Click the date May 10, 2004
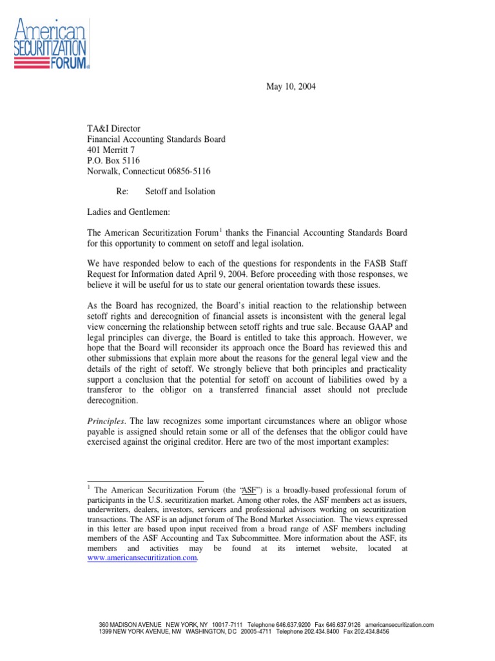click(292, 87)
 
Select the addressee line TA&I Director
click(114, 128)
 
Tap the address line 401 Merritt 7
click(111, 150)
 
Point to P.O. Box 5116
click(113, 160)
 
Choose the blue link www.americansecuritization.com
click(141, 559)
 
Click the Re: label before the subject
click(122, 192)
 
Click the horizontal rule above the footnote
click(145, 481)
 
